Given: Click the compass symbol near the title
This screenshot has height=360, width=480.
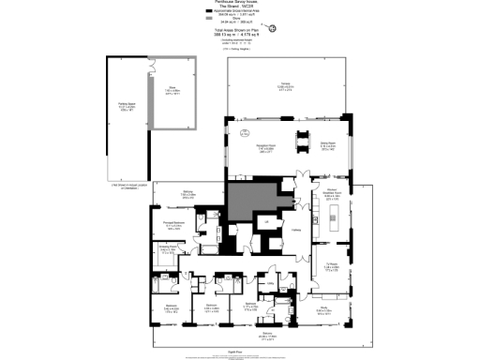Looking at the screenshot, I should (273, 27).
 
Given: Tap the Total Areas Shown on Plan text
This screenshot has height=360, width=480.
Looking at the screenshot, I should (240, 34).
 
